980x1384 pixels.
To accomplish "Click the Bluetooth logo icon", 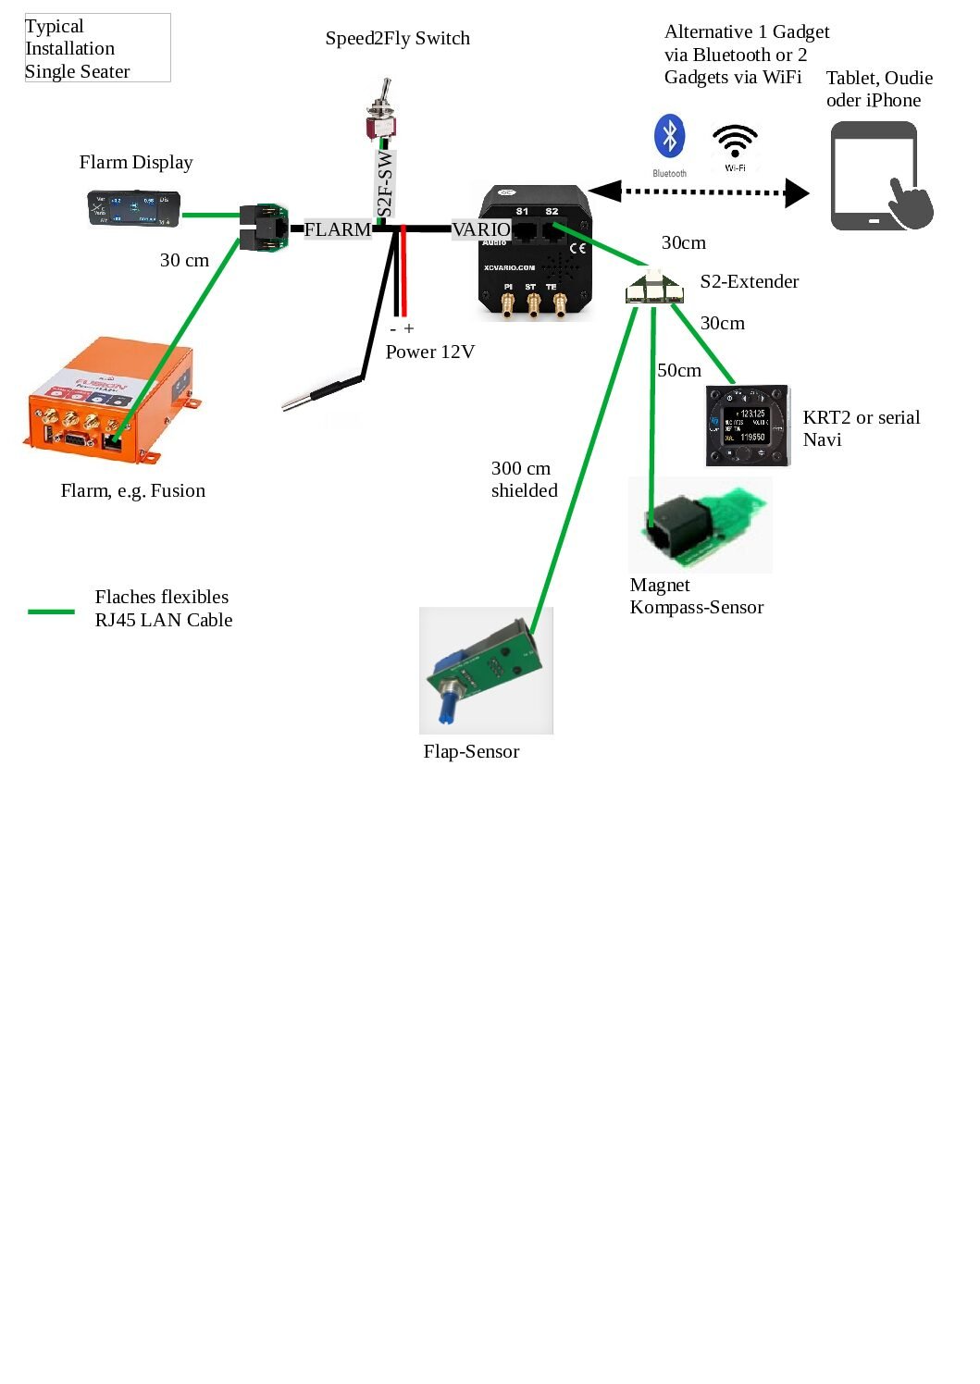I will [669, 137].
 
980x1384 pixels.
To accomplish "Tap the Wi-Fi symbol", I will [735, 142].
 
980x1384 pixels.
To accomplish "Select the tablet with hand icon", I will [880, 177].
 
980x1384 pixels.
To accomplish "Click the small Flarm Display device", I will [134, 208].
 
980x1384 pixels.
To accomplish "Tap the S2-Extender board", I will [655, 288].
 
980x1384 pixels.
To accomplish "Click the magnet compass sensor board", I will [700, 525].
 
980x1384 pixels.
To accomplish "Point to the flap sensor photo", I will [486, 670].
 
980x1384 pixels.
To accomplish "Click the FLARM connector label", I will [338, 229].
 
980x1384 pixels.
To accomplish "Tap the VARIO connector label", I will [480, 229].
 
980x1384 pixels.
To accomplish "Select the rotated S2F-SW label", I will [386, 185].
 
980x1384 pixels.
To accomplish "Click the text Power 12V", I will [429, 352].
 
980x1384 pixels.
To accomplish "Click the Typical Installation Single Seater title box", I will [97, 48].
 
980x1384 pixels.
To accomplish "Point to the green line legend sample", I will [51, 612].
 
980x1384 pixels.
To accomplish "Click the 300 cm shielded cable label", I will [524, 479].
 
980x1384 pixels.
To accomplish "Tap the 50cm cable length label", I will [679, 370].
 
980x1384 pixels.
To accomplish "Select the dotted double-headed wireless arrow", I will [699, 192].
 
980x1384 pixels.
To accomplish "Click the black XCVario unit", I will [535, 252].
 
